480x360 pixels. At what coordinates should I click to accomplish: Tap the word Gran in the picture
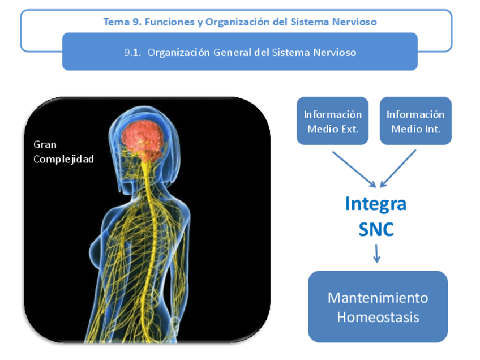click(45, 144)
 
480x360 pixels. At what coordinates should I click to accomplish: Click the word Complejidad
click(63, 159)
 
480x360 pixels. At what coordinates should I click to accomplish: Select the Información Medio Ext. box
click(333, 121)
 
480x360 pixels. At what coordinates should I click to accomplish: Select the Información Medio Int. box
click(415, 121)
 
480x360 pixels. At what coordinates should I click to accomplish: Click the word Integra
click(376, 203)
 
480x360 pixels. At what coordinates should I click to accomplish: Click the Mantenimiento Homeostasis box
click(378, 306)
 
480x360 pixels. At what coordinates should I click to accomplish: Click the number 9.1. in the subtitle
click(132, 53)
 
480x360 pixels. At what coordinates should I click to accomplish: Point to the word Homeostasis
click(378, 316)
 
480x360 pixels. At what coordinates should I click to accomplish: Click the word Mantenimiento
click(378, 298)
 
